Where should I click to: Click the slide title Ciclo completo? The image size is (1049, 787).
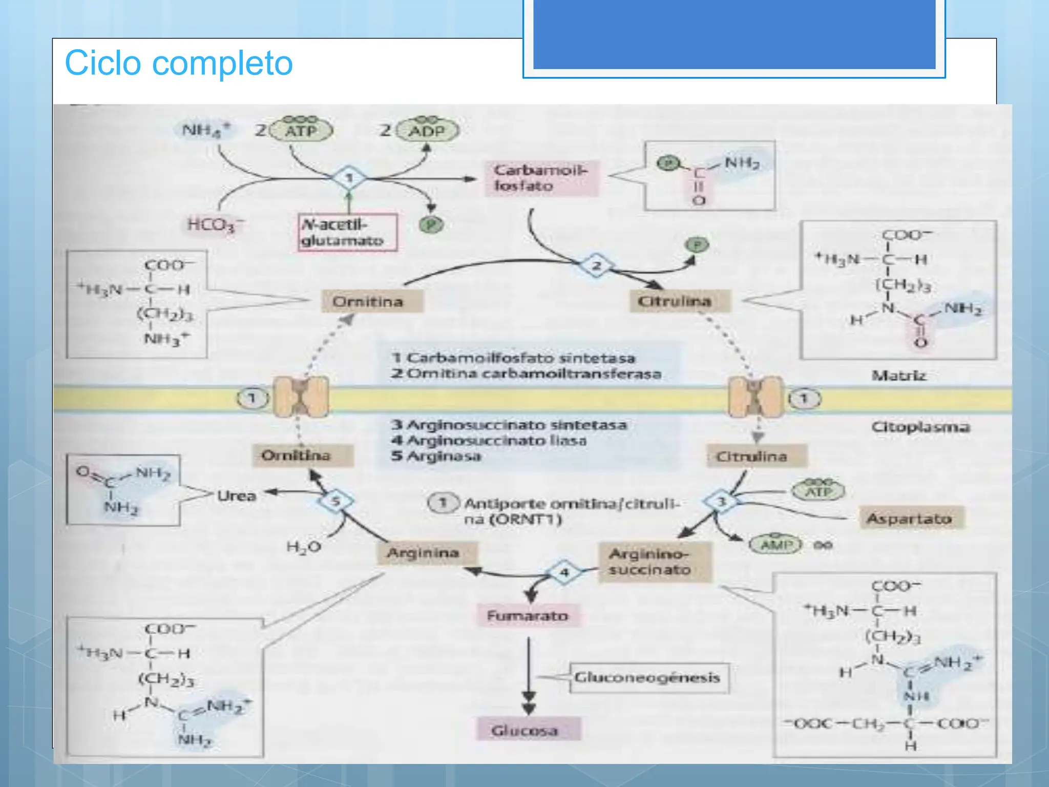click(178, 63)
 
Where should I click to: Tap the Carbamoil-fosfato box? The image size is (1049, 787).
click(541, 178)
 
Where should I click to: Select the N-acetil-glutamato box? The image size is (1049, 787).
click(347, 233)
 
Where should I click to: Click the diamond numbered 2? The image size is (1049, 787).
click(597, 266)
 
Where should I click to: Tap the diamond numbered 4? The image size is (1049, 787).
click(564, 572)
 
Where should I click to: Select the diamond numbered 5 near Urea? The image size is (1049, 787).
click(335, 501)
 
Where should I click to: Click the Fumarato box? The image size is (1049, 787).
click(528, 615)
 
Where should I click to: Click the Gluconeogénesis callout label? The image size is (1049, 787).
click(648, 677)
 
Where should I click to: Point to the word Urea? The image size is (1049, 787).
click(237, 495)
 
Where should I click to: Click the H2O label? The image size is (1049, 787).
click(303, 547)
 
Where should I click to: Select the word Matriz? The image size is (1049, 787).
click(899, 376)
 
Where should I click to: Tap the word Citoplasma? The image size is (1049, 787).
click(920, 427)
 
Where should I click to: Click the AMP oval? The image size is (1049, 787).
click(775, 544)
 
